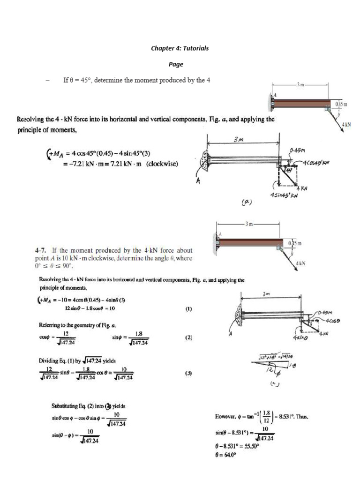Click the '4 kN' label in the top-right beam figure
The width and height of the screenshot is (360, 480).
coord(346,124)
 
